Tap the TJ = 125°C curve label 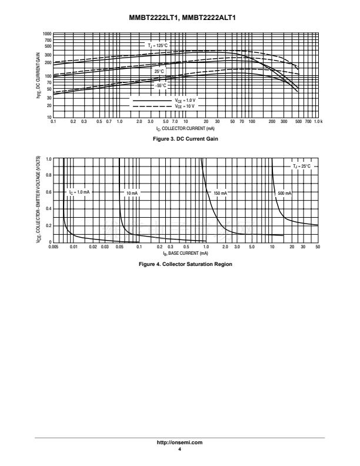158,45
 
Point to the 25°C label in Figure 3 159,71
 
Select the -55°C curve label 161,85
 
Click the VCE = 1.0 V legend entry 184,101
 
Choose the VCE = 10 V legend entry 184,106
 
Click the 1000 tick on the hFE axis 48,33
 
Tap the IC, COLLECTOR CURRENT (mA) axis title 185,128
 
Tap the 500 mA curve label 284,193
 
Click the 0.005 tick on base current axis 54,248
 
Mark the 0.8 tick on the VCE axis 49,175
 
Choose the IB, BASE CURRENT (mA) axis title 185,253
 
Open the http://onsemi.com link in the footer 180,442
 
